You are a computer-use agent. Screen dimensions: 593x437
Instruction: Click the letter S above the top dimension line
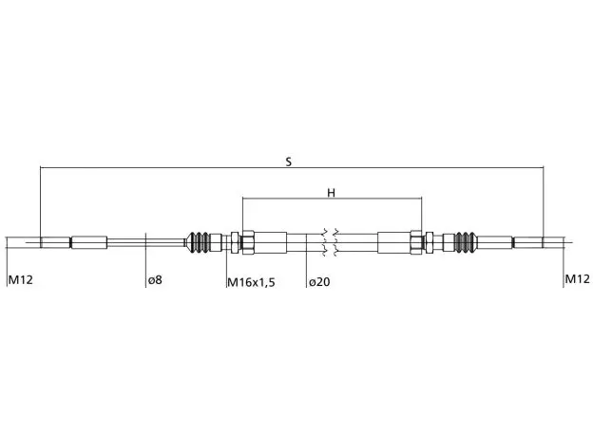(x=289, y=162)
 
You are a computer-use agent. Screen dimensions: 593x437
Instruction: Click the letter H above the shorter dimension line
(x=331, y=193)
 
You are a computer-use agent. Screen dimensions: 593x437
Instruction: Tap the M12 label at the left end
(x=20, y=280)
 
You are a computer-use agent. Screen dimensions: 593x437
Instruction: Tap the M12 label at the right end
(x=577, y=279)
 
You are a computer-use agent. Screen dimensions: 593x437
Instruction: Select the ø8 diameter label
(x=155, y=280)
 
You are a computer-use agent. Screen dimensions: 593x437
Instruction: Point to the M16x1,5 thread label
(x=251, y=282)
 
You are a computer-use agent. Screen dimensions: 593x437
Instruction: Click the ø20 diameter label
(x=319, y=282)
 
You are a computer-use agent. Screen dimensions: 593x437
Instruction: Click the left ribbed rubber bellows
(x=201, y=242)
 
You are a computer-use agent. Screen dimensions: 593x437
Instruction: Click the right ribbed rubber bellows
(x=464, y=242)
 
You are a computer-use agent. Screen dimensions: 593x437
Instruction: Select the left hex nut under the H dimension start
(x=248, y=242)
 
